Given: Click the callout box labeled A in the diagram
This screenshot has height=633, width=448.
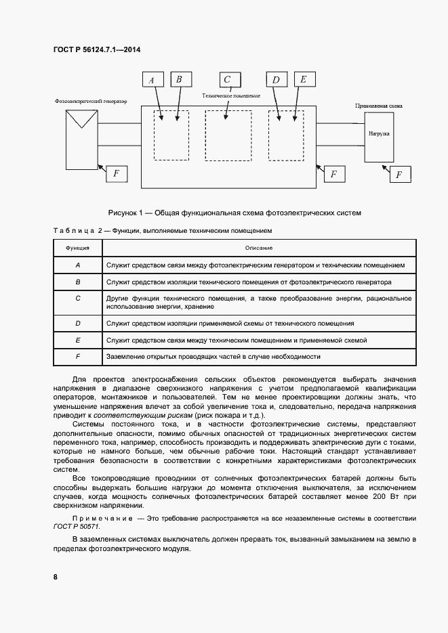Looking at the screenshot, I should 152,80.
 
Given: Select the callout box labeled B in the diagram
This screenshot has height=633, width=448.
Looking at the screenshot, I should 180,80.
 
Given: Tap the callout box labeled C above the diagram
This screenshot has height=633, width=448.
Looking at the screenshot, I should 228,79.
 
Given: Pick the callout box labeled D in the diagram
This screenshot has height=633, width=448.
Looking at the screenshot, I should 277,80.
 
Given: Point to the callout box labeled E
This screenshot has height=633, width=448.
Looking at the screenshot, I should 304,80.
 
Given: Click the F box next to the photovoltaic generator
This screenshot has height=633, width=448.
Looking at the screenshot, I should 116,173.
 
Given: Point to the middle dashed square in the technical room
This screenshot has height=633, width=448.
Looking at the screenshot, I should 228,135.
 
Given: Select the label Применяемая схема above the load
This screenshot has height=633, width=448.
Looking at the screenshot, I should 379,106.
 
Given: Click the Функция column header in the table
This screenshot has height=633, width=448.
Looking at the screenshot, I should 77,248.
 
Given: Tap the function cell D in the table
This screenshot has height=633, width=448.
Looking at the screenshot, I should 77,324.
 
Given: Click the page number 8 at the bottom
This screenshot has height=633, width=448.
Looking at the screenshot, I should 55,576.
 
